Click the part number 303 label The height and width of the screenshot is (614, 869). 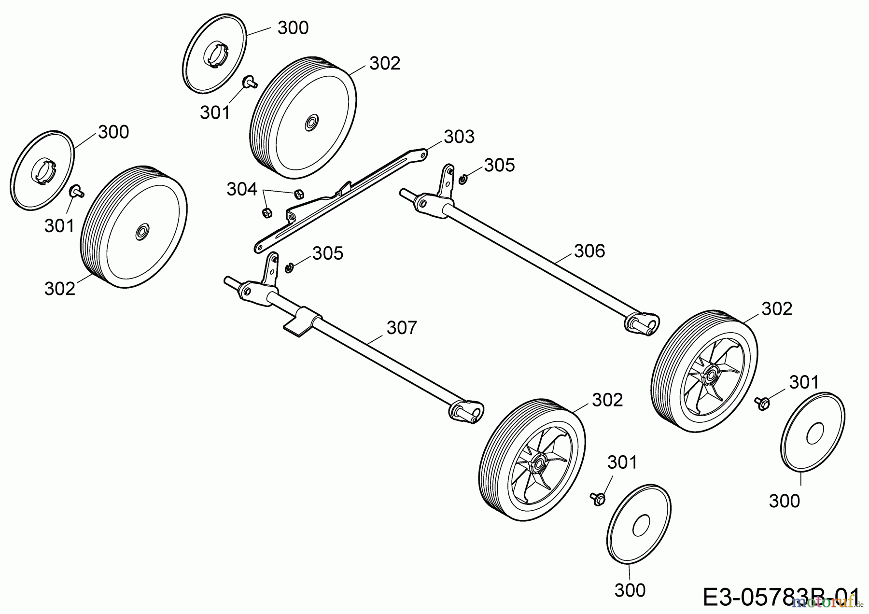[x=459, y=137]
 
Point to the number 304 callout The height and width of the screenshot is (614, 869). [x=242, y=190]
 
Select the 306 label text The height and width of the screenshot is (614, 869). [x=589, y=251]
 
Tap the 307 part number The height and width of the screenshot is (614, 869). [x=402, y=328]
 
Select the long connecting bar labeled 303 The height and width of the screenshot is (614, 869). [x=338, y=200]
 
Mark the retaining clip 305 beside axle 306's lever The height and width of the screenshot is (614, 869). [x=463, y=180]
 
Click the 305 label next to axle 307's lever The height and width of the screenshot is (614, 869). [x=328, y=253]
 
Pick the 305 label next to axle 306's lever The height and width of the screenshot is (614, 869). [x=500, y=166]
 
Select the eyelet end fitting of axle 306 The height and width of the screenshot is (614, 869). [x=643, y=322]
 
